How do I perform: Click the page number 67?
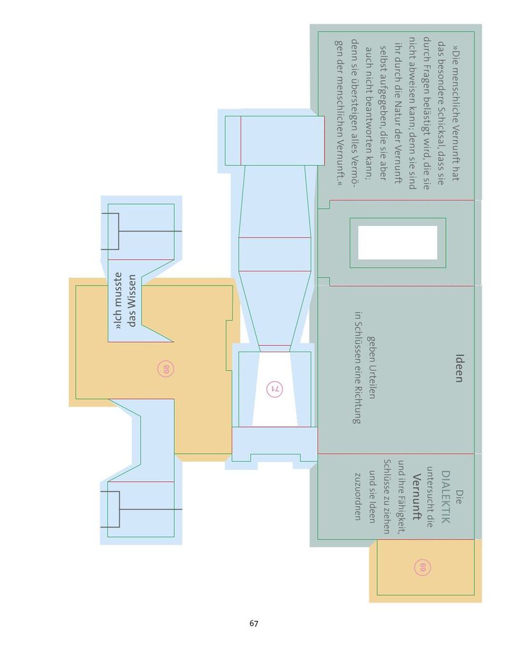point(253,623)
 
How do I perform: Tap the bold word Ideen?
point(459,368)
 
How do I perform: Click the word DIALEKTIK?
point(445,497)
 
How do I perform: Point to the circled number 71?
point(274,389)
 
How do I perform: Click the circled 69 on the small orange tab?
point(422,567)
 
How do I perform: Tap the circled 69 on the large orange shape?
point(166,369)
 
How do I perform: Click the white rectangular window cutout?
point(398,243)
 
